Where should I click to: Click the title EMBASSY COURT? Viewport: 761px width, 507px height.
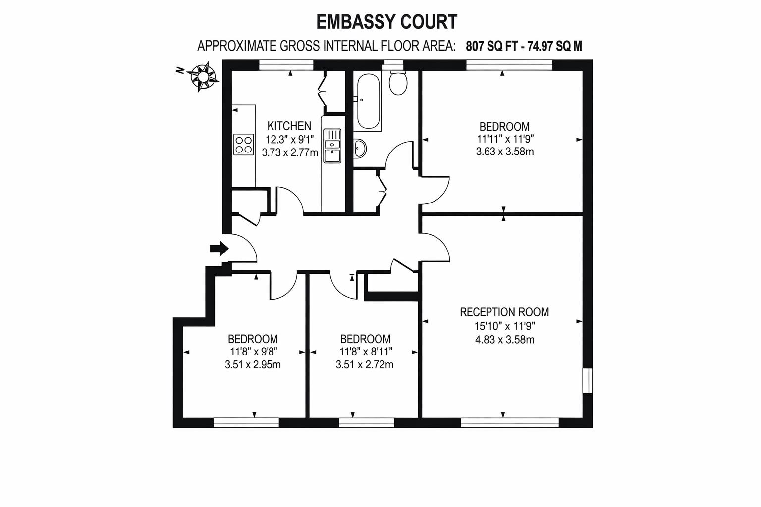click(x=386, y=22)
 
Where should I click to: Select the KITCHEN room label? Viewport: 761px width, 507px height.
click(x=289, y=126)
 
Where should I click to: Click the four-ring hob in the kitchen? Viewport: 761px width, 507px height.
click(x=243, y=145)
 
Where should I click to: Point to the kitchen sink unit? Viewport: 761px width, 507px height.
click(x=332, y=146)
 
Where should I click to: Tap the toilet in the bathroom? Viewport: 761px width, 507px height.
click(x=398, y=83)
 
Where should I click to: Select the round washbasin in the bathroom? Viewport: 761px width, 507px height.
click(x=360, y=148)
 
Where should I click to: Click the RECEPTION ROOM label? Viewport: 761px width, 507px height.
click(x=504, y=312)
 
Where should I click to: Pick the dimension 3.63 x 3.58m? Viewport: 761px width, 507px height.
click(x=505, y=152)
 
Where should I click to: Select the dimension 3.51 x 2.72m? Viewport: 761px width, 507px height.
click(x=365, y=365)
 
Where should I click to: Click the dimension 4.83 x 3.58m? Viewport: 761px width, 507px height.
click(x=505, y=340)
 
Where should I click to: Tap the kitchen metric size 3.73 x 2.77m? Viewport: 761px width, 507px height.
click(x=290, y=152)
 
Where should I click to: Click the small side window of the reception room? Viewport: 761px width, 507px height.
click(x=588, y=380)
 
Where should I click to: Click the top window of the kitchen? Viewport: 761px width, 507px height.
click(x=286, y=63)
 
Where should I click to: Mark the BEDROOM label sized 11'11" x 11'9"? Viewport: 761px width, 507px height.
click(x=504, y=126)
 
